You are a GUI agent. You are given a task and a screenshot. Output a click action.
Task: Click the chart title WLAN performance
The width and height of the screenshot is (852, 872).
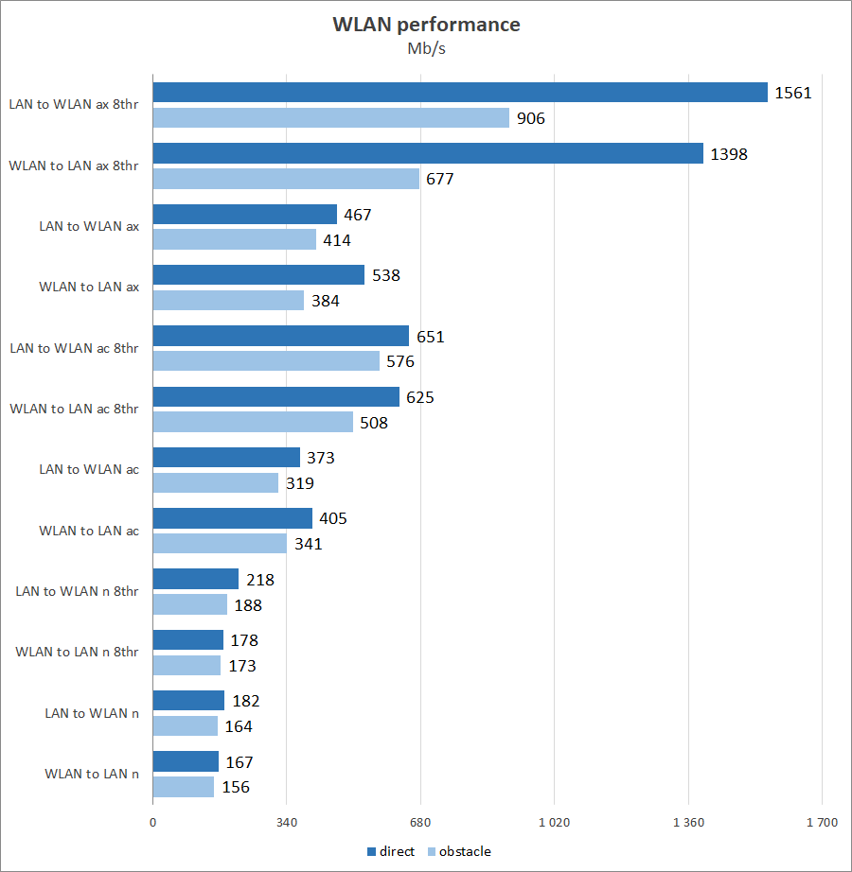[x=426, y=25]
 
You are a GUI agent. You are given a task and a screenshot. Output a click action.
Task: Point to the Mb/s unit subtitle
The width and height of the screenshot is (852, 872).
[x=426, y=49]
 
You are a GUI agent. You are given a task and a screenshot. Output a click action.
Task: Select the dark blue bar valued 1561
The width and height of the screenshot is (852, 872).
[x=459, y=92]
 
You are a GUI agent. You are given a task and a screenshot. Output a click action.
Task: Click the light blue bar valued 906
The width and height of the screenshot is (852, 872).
[x=330, y=117]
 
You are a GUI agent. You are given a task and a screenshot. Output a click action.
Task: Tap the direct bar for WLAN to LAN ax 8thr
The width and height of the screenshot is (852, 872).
[x=427, y=153]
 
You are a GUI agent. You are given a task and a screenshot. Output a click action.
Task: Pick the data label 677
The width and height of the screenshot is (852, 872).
[x=440, y=179]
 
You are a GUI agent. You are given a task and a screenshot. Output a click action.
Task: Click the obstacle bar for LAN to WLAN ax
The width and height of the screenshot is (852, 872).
[x=234, y=239]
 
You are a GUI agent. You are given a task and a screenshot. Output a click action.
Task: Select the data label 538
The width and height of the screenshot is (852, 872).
[x=386, y=275]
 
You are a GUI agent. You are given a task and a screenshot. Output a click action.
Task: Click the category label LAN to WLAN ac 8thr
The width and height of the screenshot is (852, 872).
[x=74, y=348]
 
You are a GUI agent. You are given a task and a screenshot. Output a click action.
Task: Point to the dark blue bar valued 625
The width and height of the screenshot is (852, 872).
[x=275, y=397]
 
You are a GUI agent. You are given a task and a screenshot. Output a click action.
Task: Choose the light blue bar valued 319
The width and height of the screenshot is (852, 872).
[x=215, y=482]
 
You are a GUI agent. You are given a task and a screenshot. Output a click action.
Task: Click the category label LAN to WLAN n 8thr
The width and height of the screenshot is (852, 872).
[x=77, y=591]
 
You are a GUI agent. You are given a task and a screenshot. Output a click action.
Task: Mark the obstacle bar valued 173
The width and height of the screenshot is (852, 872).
[x=186, y=666]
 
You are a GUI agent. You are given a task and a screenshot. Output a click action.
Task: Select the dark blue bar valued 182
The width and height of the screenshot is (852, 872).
[x=188, y=701]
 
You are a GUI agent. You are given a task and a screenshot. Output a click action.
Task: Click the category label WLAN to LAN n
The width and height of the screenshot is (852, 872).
[x=92, y=774]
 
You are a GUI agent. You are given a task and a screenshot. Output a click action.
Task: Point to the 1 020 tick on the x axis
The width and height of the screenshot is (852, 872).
[x=555, y=823]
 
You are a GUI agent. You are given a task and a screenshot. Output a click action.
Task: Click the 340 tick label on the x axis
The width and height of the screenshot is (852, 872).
[x=287, y=823]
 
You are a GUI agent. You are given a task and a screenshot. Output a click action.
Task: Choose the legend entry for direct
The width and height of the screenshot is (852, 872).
[x=390, y=851]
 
